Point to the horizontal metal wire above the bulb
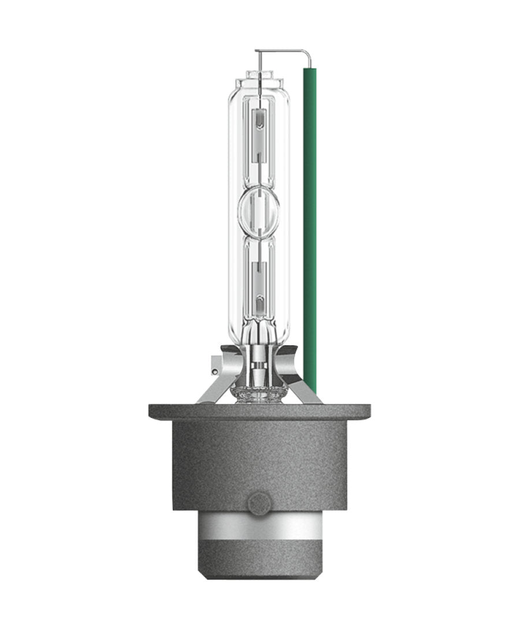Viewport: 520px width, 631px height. (x=283, y=50)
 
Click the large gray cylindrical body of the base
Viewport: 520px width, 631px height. (x=259, y=462)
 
